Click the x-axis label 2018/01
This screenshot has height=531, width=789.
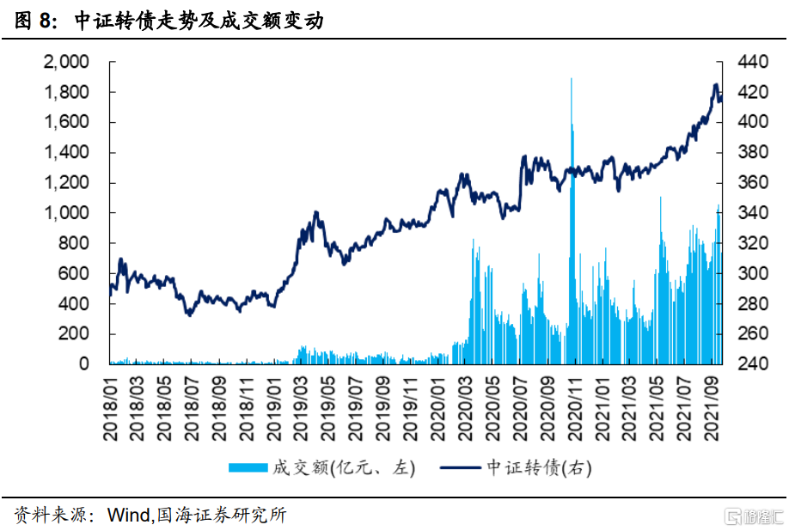111,407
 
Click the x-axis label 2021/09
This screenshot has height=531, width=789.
713,407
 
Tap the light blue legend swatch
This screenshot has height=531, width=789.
249,467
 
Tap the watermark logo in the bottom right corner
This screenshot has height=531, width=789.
755,516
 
